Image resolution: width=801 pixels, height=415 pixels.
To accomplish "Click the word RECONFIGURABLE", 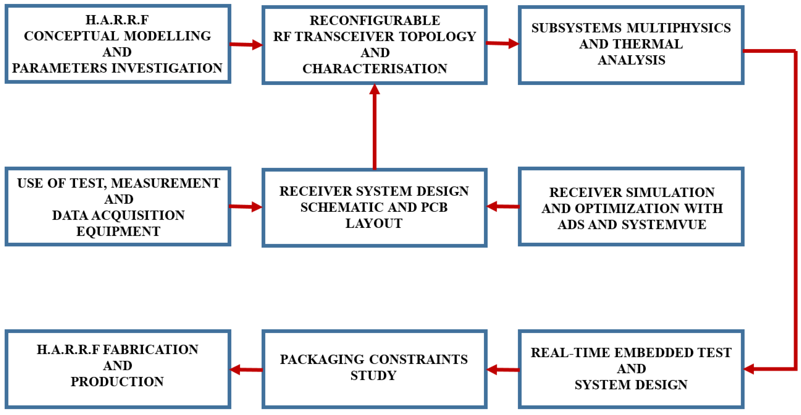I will tap(375, 21).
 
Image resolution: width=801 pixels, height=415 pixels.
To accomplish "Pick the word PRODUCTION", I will tap(117, 382).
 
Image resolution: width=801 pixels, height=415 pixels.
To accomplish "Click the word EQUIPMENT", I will tap(118, 231).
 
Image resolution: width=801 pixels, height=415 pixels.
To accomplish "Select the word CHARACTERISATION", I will tap(375, 69).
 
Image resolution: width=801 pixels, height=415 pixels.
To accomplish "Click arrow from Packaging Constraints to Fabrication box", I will tap(246, 369).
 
